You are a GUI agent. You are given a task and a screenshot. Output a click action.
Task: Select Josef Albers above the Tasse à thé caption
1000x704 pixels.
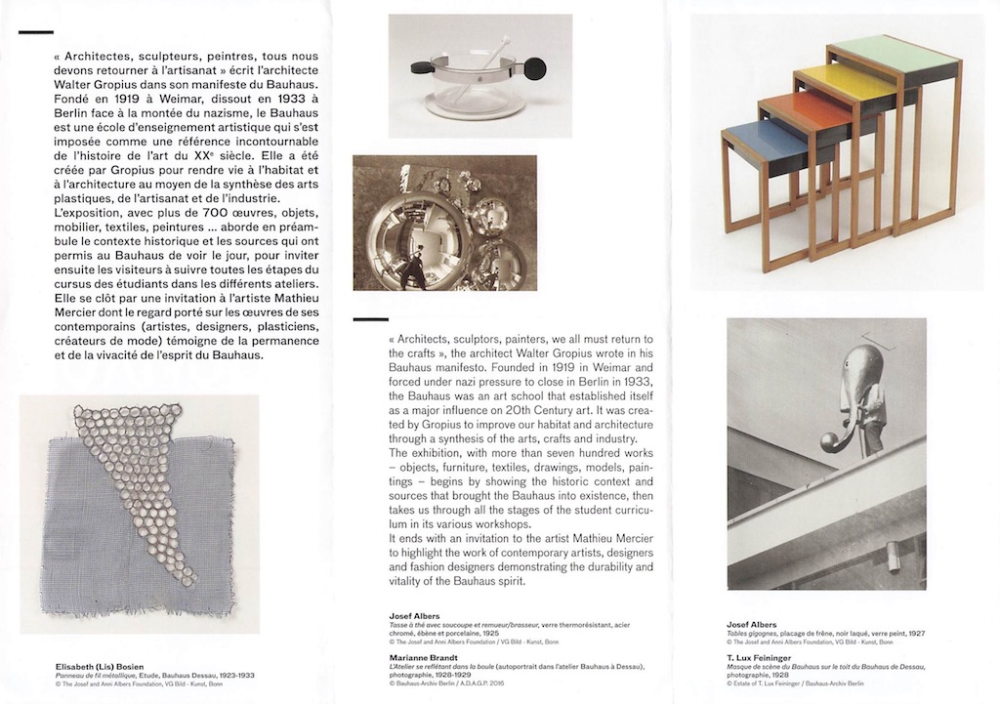pos(414,616)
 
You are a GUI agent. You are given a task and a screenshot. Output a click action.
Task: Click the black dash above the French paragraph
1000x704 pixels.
pos(36,32)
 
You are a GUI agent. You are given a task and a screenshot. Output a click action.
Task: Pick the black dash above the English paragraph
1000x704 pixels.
pos(370,319)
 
